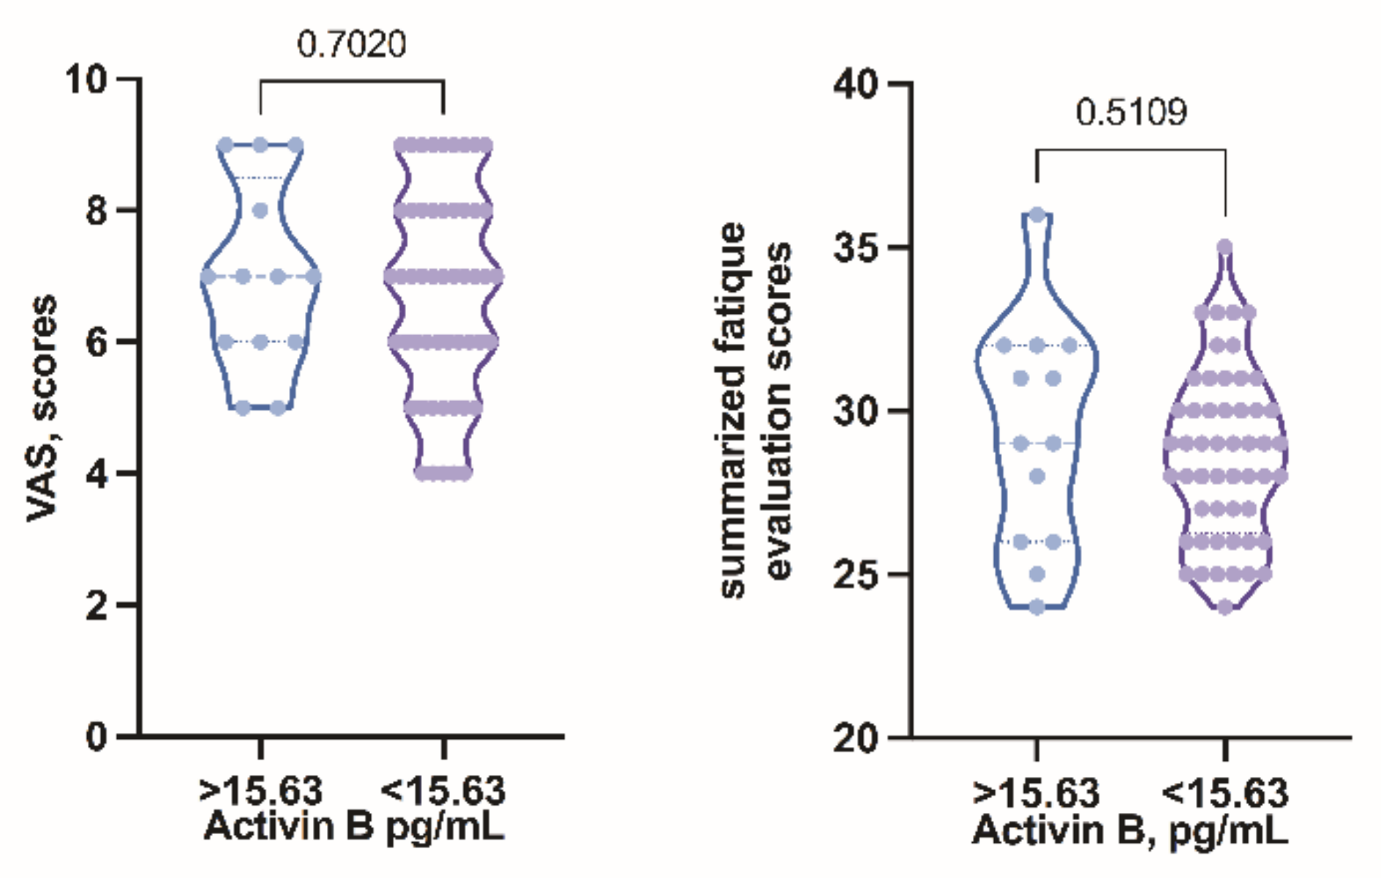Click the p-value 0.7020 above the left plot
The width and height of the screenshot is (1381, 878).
(351, 45)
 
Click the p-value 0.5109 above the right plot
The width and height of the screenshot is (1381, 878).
(1131, 113)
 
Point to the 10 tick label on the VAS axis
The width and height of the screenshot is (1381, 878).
(86, 79)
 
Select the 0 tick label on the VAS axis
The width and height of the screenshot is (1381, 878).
(97, 736)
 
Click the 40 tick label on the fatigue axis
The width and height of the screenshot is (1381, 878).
(856, 85)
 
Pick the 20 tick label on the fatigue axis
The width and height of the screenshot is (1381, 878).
(856, 738)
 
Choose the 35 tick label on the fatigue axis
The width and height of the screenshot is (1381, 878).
(856, 247)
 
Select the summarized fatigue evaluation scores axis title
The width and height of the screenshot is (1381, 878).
(755, 410)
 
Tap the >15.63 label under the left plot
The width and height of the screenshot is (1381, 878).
(260, 792)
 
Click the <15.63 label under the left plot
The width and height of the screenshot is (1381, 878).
(443, 792)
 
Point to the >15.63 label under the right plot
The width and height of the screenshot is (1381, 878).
(1036, 793)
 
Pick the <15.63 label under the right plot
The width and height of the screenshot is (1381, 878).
(1225, 793)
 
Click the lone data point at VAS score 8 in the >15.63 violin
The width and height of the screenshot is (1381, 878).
(260, 211)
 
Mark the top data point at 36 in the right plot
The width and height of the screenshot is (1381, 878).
(1037, 214)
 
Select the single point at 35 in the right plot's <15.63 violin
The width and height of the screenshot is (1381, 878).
(1225, 247)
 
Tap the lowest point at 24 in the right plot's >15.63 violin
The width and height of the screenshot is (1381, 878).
(1037, 607)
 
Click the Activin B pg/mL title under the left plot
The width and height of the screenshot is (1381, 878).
(354, 827)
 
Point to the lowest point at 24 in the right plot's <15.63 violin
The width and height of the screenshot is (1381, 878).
(1225, 607)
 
